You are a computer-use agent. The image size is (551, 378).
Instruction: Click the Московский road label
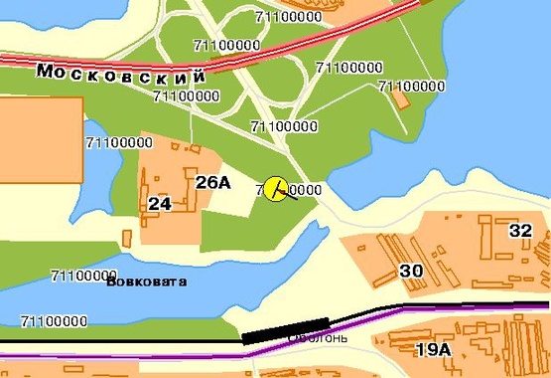[x=121, y=74]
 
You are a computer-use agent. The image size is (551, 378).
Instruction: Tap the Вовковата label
[x=145, y=282]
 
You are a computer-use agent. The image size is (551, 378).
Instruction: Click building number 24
[x=159, y=204]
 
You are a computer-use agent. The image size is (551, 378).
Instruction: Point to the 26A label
[x=212, y=182]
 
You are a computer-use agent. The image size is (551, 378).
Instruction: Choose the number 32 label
[x=520, y=230]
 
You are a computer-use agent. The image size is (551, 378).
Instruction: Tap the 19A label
[x=433, y=349]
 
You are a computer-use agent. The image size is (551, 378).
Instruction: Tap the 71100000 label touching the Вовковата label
[x=83, y=275]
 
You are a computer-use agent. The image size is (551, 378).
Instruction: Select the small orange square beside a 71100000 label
[x=401, y=98]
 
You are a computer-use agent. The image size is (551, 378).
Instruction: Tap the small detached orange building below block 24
[x=127, y=239]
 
